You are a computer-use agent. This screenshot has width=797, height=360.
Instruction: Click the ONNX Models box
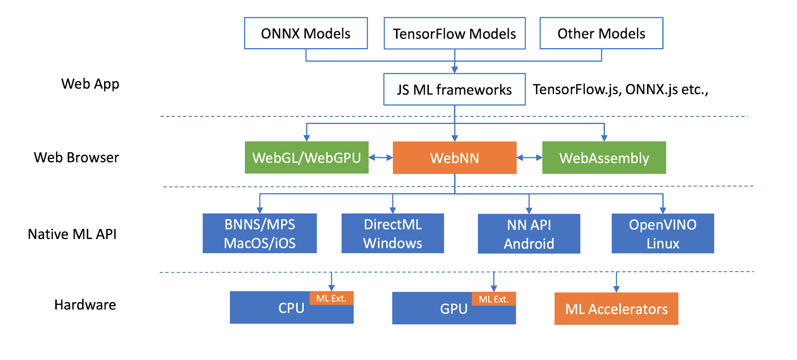306,33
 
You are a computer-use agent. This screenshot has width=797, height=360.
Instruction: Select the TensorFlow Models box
454,33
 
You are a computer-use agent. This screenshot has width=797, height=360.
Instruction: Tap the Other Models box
601,33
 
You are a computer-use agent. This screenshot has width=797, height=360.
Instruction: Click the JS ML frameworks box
454,90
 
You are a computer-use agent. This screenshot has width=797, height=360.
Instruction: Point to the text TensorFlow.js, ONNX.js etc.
620,90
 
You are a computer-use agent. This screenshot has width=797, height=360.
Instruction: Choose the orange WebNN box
454,158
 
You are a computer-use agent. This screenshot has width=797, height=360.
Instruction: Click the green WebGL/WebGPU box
306,158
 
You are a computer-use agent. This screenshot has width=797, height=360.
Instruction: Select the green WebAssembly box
604,158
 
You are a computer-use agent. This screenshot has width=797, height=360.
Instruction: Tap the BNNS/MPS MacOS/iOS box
260,234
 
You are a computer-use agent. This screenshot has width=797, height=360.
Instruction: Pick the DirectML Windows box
393,234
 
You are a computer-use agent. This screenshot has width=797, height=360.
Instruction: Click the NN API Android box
529,234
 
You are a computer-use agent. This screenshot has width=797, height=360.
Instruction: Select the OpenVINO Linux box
663,234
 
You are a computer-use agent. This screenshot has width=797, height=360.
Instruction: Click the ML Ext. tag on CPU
331,298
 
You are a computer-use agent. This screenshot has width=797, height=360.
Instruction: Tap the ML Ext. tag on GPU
494,299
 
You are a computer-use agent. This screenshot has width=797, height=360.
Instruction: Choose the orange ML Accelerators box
616,309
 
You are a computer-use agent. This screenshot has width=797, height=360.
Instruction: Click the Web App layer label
90,84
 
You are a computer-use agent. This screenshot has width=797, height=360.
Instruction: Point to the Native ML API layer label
72,234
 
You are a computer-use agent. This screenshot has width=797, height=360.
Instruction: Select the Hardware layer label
85,305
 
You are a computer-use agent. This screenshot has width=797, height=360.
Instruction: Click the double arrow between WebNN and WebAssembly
529,158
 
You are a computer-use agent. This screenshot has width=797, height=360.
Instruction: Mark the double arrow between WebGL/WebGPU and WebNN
381,158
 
